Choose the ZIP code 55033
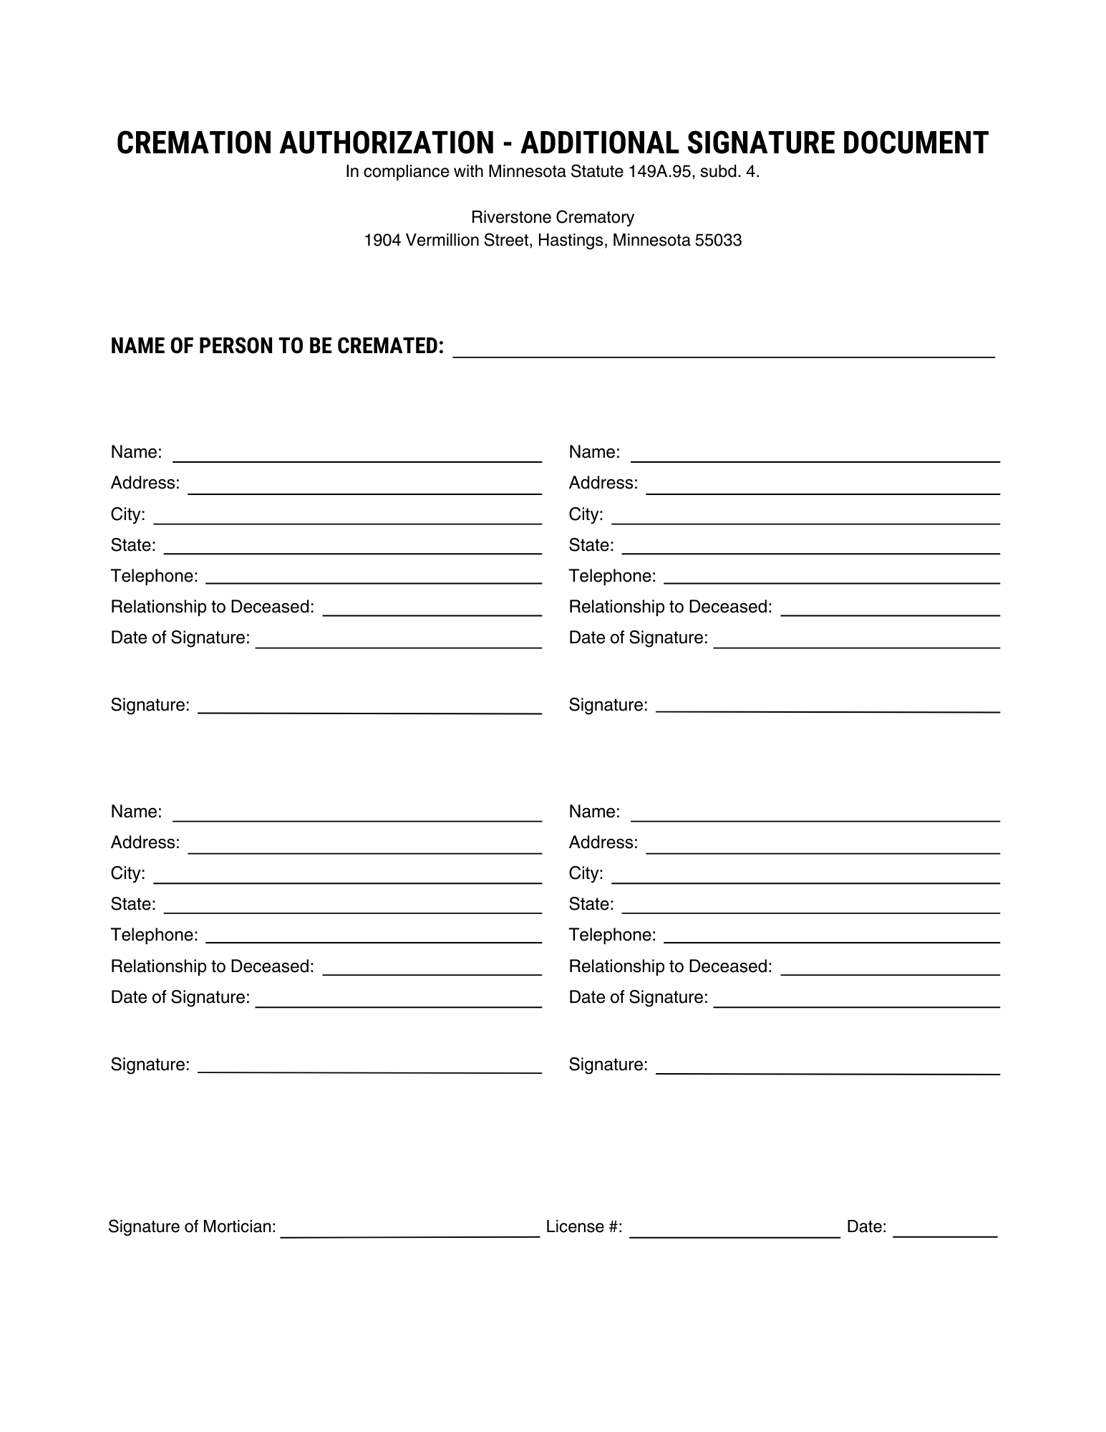(718, 241)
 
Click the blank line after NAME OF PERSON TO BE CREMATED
(724, 351)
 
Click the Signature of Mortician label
(192, 1226)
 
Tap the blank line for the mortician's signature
(409, 1231)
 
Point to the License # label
(583, 1226)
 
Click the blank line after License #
(734, 1231)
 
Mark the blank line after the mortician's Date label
(945, 1231)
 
